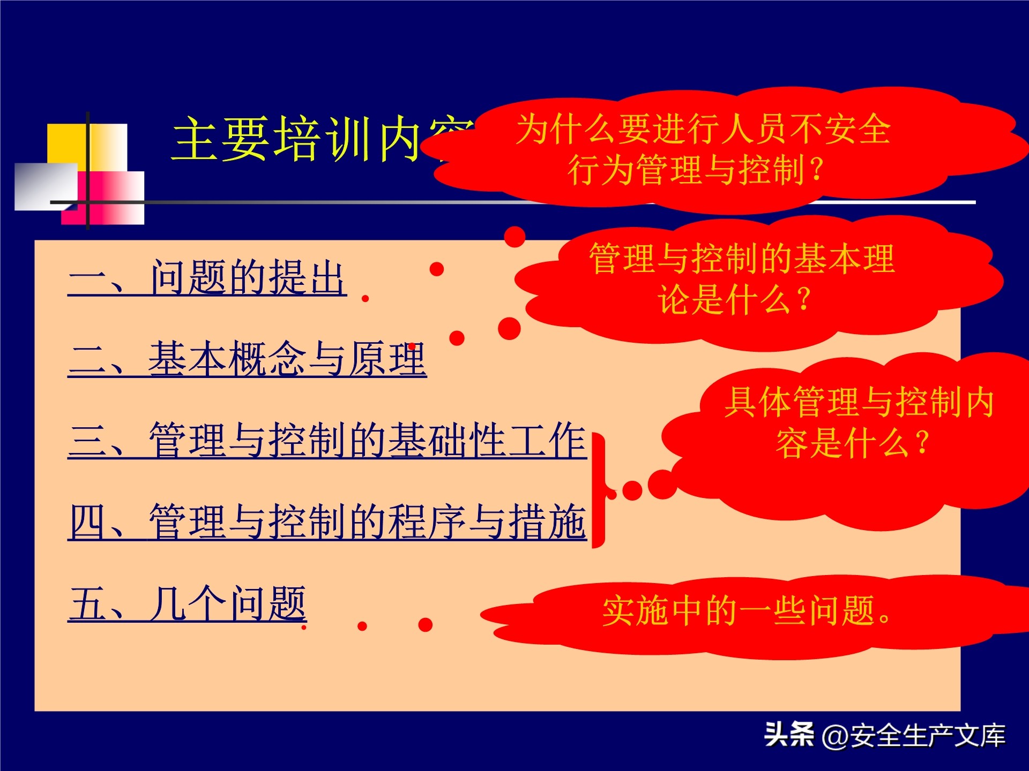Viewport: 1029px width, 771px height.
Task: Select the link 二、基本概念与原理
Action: pos(247,359)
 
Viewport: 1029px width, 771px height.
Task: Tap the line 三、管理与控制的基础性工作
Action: pos(327,440)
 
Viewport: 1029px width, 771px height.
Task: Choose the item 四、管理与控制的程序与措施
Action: pos(327,521)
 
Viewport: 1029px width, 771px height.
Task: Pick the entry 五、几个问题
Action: pos(188,603)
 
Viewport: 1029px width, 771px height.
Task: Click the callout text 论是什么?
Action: pos(734,299)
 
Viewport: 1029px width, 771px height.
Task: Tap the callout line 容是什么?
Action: pos(852,443)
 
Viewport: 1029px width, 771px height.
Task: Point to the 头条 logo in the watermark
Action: pos(789,734)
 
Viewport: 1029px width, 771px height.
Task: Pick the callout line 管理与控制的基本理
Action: pos(742,259)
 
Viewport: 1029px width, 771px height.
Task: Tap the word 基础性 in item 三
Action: pos(447,440)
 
